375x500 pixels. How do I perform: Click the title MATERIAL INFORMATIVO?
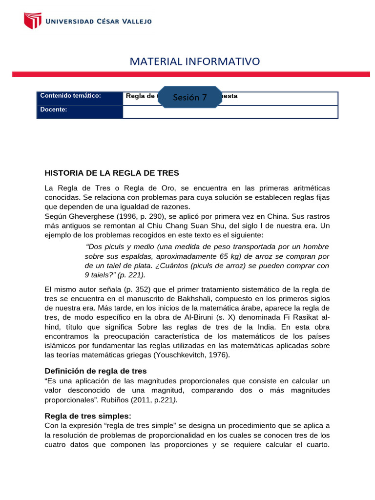click(x=195, y=61)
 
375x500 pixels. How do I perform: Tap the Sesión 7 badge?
click(x=190, y=97)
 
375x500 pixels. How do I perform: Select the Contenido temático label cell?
click(x=80, y=96)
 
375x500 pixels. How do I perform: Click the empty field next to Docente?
click(x=230, y=112)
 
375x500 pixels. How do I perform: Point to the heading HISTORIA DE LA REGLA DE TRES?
click(x=112, y=173)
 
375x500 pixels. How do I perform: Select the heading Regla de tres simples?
click(x=88, y=416)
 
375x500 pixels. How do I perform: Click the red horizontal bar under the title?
click(x=191, y=74)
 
